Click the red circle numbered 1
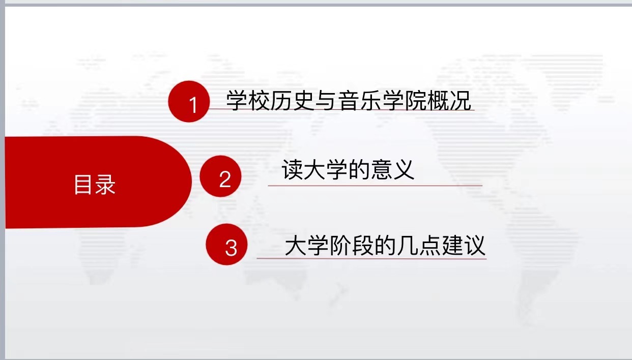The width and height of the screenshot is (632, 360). coord(189,102)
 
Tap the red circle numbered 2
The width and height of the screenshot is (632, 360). coord(221,176)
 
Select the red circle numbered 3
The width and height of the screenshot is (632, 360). coord(226,245)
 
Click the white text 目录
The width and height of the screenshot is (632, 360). coord(95,185)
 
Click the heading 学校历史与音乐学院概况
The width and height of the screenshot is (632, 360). coord(349,100)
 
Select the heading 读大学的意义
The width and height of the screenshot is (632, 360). coord(348,169)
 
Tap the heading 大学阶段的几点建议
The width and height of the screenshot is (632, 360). coord(385,245)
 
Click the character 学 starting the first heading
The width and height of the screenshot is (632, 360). coord(237,100)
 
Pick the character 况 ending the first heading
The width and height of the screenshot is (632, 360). coord(461,100)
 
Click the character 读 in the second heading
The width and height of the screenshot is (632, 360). coord(292,169)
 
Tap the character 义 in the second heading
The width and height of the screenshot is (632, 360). coord(404,169)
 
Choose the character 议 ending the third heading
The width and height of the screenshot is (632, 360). coord(475,245)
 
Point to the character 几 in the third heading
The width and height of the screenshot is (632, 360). coord(408,245)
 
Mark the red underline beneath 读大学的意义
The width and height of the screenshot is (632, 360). coord(375,186)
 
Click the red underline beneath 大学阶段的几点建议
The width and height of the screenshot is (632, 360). coord(371,258)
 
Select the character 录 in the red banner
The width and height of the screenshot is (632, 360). coord(105,185)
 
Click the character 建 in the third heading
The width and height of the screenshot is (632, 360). coord(452,245)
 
